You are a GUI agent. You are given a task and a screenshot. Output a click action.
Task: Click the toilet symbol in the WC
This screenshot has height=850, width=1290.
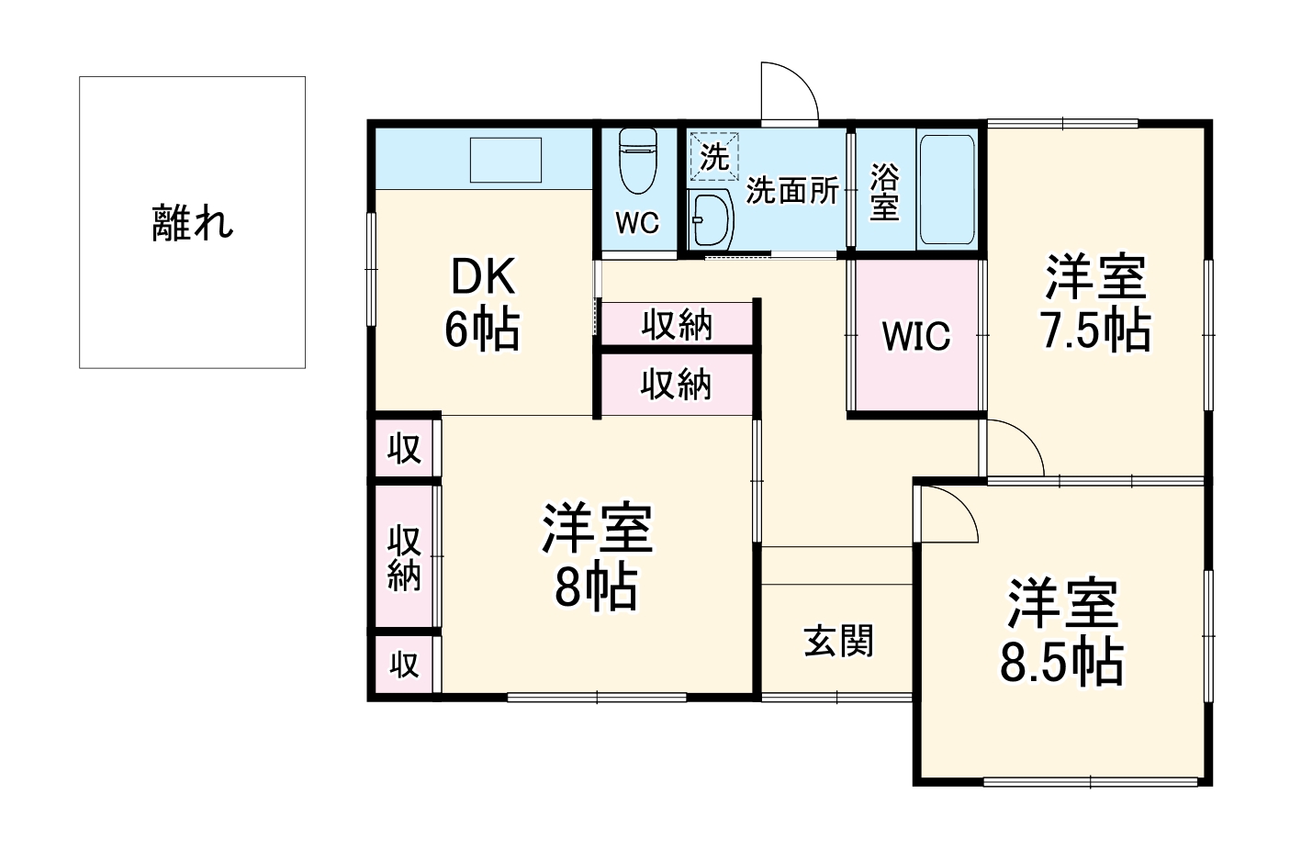[x=638, y=160]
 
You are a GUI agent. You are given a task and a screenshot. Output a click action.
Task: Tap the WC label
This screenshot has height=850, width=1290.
[x=637, y=223]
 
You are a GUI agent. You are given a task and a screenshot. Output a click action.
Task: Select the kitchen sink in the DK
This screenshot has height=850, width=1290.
[x=506, y=161]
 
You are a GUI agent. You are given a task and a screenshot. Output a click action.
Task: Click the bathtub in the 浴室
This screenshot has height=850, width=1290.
[x=947, y=190]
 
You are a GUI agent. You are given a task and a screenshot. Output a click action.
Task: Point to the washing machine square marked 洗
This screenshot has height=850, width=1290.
[x=713, y=157]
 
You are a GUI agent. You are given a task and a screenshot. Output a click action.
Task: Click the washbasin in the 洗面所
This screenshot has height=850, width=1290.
[x=712, y=219]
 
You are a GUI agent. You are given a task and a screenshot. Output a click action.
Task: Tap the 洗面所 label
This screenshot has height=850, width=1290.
[x=791, y=190]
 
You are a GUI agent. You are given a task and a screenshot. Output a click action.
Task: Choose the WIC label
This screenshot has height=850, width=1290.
[x=915, y=337]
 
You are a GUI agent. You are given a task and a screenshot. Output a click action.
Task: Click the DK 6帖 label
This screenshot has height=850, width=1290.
[x=482, y=303]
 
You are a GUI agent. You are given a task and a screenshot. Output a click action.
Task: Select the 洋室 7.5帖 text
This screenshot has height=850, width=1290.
[x=1095, y=304]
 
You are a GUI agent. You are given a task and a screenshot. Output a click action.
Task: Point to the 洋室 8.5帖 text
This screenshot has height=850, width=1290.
[x=1061, y=632]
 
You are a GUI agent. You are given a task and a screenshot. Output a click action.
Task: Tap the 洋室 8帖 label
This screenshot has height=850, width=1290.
[x=596, y=556]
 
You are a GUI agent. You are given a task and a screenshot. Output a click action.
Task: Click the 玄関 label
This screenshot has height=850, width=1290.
[x=838, y=641]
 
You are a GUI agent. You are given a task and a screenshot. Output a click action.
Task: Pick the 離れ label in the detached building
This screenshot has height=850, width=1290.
[x=193, y=222]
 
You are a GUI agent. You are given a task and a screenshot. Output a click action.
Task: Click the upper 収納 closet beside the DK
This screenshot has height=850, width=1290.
[x=677, y=325]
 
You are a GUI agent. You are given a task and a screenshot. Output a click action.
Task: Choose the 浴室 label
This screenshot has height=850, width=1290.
[x=883, y=192]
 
